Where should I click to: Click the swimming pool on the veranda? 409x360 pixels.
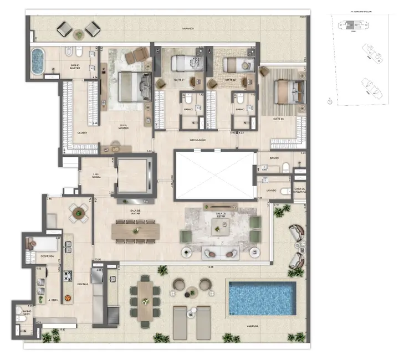(261, 297)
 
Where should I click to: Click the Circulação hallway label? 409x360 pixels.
(198, 140)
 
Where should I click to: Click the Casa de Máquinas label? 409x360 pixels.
(299, 191)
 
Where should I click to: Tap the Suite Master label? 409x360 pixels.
(131, 126)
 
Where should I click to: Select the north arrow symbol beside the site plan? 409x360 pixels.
(329, 102)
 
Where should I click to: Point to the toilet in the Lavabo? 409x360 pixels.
(283, 191)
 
